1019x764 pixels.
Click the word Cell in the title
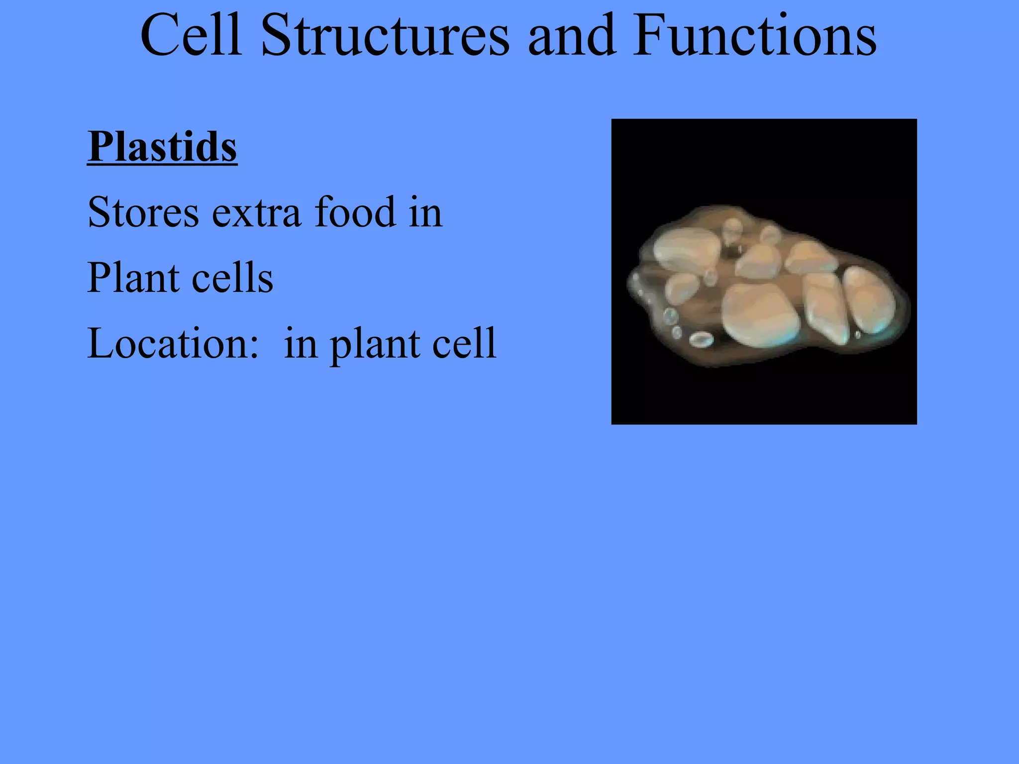click(191, 36)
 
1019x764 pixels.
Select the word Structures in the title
click(385, 36)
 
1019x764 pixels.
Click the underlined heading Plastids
click(162, 147)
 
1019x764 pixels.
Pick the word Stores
click(143, 213)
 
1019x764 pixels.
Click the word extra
click(257, 213)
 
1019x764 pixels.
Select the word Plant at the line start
click(132, 278)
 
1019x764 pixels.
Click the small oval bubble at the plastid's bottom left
click(701, 339)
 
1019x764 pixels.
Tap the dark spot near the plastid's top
click(731, 251)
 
